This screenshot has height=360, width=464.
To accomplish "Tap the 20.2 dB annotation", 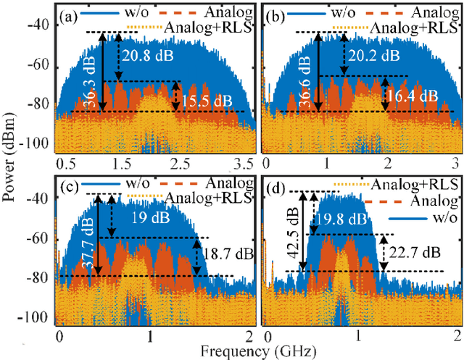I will [x=370, y=55].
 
